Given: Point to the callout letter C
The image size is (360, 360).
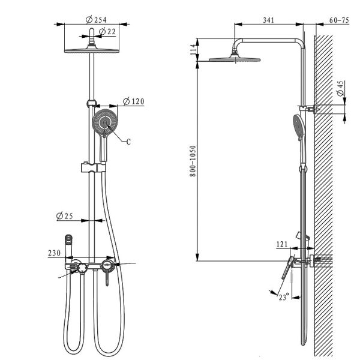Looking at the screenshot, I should (128, 142).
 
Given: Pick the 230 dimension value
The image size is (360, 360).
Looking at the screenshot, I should (54, 254).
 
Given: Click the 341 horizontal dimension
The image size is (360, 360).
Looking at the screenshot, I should (268, 20).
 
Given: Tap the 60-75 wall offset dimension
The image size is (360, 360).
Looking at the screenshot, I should (339, 20).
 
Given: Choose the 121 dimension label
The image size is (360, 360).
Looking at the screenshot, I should (282, 244).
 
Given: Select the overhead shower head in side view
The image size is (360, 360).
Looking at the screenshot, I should (235, 59).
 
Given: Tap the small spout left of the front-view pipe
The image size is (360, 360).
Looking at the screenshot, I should (68, 239).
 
